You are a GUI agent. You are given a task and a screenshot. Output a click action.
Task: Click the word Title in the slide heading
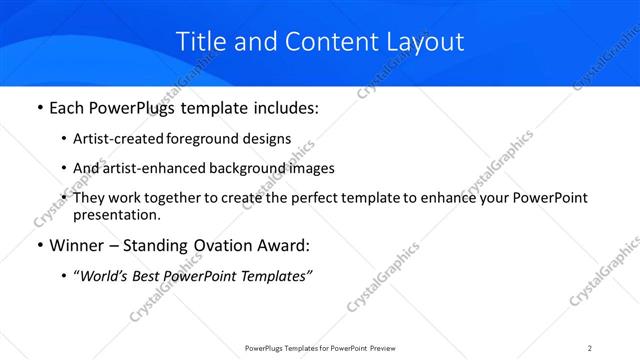click(x=199, y=41)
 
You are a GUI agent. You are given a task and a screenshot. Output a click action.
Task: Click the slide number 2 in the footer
click(x=590, y=347)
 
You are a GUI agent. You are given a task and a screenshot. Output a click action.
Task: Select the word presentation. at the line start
click(x=117, y=215)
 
